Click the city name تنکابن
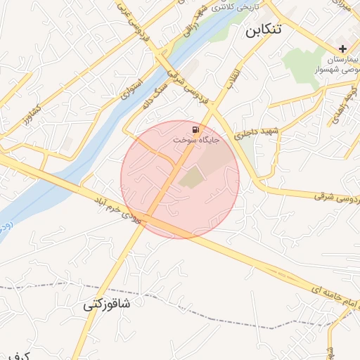coord(264,30)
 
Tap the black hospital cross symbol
coord(342,49)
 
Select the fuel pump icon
coord(195,129)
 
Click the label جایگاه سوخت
coord(198,141)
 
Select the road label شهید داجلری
coord(259,131)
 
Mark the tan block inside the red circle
coord(191,179)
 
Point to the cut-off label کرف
coord(18,356)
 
